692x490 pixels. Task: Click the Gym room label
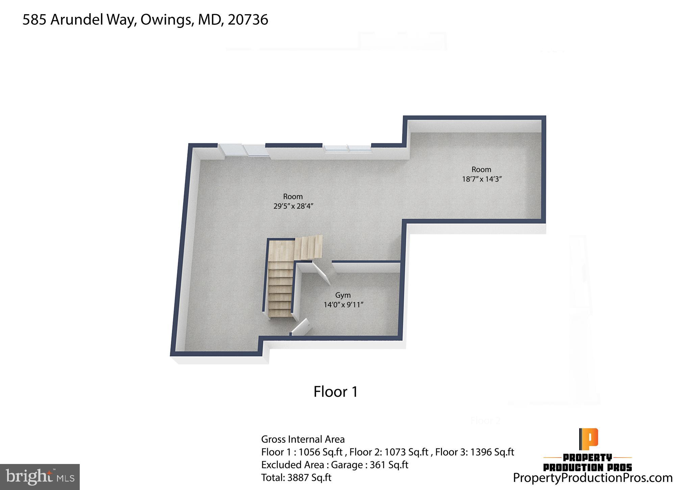pos(343,295)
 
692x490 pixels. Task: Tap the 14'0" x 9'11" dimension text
pos(343,305)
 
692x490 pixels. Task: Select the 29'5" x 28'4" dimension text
pos(293,206)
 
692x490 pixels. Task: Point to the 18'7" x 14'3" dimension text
pos(481,179)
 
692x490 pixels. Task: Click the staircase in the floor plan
pos(284,277)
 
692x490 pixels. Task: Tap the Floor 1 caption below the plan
pos(335,392)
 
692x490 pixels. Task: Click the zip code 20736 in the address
pos(248,20)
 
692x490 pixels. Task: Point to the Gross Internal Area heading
pos(303,439)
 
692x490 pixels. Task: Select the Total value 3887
pos(299,478)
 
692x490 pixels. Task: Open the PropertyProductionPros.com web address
pos(593,478)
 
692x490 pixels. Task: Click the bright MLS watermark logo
pos(40,477)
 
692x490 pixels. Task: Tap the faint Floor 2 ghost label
pos(485,421)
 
